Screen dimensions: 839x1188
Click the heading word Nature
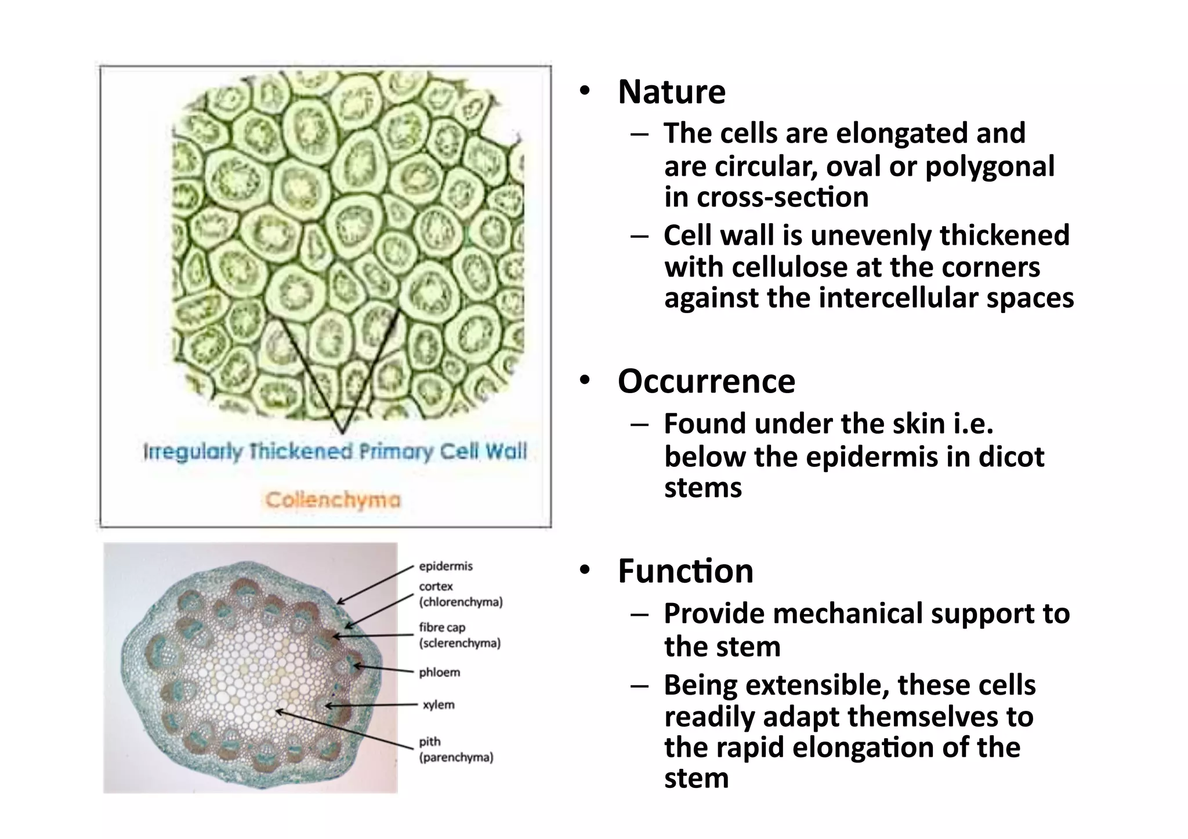671,92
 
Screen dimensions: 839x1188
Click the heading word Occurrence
706,382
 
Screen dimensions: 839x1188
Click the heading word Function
685,571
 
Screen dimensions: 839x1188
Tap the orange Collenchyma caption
333,500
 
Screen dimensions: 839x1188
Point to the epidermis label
445,566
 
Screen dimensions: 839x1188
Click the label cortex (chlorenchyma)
461,594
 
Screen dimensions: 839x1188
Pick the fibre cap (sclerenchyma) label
459,635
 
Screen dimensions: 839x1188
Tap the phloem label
439,673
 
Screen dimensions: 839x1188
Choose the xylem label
439,705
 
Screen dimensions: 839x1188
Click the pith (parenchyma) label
456,749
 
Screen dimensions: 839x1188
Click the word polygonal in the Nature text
990,167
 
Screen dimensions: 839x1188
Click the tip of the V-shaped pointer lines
342,432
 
